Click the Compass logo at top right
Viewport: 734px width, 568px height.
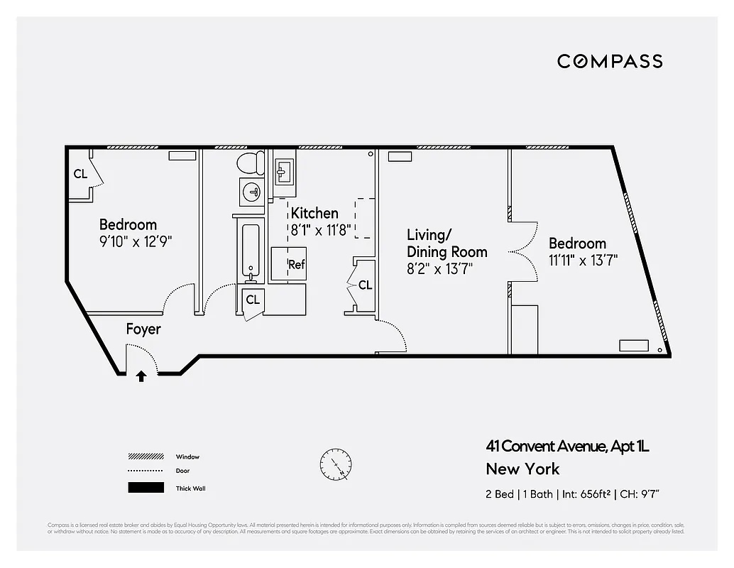609,61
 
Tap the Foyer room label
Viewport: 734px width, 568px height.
143,329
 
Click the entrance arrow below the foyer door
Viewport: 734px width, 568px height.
141,376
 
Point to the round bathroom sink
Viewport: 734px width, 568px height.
251,191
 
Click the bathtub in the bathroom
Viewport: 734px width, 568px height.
250,251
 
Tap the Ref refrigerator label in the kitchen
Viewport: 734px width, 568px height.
296,265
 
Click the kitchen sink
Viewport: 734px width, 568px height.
284,171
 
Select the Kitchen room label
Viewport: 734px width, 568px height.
314,213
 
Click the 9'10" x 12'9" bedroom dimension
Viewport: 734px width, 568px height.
136,241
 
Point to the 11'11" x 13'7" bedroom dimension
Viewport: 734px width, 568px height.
583,260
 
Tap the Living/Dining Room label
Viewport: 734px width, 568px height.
447,243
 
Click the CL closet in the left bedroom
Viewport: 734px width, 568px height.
80,173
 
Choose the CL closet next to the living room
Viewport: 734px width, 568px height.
365,285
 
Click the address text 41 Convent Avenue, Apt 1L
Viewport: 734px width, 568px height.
567,447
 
